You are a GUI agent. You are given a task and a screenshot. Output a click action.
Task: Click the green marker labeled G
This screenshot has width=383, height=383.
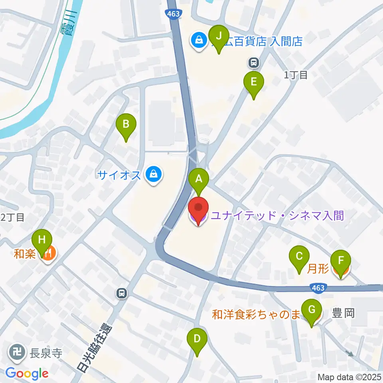pyautogui.click(x=312, y=310)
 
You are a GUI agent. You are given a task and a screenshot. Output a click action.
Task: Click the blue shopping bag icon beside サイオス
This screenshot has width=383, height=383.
pyautogui.click(x=152, y=174)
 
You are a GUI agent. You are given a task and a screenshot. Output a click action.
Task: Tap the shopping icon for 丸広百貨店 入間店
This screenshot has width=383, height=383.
pyautogui.click(x=197, y=40)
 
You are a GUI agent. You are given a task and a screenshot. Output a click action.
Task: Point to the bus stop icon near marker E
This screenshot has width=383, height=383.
pyautogui.click(x=253, y=62)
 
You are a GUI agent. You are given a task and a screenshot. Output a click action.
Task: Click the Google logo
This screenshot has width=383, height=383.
pyautogui.click(x=27, y=373)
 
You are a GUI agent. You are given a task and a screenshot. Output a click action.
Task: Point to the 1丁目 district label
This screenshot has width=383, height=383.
pyautogui.click(x=296, y=75)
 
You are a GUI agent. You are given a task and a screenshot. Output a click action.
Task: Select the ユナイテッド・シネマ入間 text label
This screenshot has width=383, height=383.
pyautogui.click(x=277, y=216)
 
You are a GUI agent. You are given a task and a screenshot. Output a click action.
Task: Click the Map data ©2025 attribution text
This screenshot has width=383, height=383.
pyautogui.click(x=349, y=377)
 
